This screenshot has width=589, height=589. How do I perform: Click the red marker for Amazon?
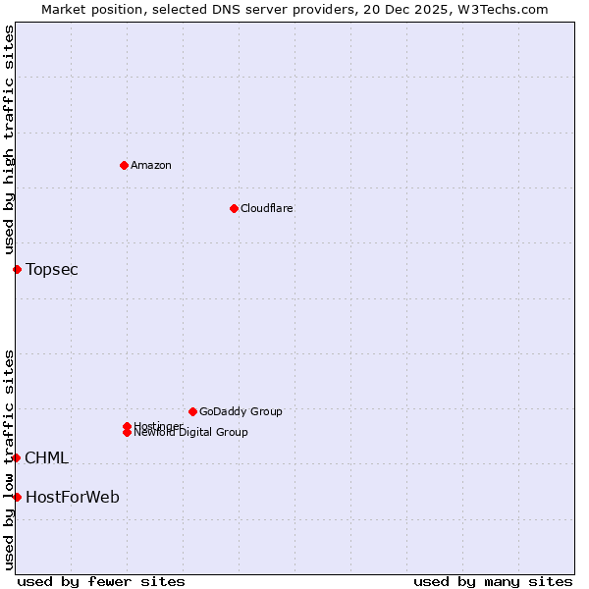coord(124,165)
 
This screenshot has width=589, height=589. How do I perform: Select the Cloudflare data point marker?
coord(234,208)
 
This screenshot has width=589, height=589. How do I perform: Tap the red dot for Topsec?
coord(17,269)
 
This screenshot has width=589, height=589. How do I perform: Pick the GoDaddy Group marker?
coord(192,411)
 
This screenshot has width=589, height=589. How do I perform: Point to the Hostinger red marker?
coord(127,426)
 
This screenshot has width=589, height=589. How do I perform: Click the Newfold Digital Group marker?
coord(127,432)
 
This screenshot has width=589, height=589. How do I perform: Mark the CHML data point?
coord(17,457)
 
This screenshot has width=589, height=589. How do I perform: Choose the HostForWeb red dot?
coord(17,497)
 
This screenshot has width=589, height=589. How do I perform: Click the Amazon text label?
coord(151,165)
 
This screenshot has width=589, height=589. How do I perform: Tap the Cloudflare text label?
coord(267,208)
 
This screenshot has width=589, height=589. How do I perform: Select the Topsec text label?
coord(52,269)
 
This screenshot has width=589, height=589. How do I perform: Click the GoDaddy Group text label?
coord(241,411)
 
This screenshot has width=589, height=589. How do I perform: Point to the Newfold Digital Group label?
coord(191,433)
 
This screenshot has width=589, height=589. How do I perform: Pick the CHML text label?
coord(46,457)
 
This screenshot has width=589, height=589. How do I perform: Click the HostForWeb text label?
coord(73,497)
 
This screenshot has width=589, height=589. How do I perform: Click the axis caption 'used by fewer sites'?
coord(101,581)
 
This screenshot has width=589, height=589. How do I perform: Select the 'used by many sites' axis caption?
coord(493,581)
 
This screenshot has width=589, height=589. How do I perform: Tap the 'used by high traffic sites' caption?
coord(9,140)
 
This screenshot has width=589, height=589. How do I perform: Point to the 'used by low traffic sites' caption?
coord(9,458)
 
